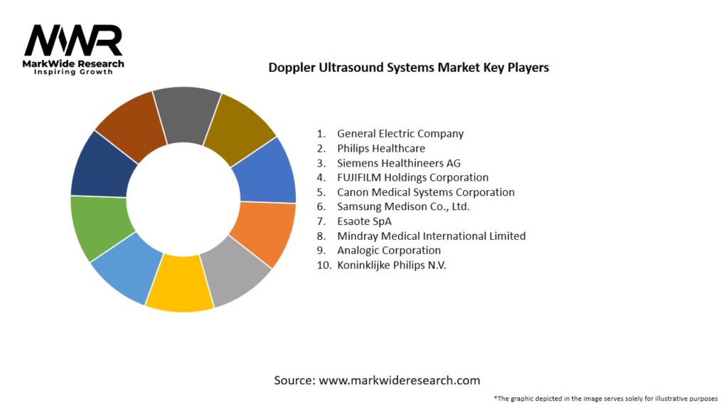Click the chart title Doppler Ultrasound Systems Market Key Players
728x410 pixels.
408,68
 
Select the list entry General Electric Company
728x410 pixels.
400,134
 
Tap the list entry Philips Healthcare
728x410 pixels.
380,148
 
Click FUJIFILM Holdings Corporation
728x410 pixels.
412,177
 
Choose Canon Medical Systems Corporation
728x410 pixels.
425,192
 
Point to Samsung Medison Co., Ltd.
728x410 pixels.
403,206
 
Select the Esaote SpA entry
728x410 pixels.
364,221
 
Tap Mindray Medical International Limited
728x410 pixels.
431,236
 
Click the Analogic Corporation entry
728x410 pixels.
388,251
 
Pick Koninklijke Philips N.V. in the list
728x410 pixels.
392,265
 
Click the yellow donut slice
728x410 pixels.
180,285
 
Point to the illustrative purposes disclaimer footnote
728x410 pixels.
605,398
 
